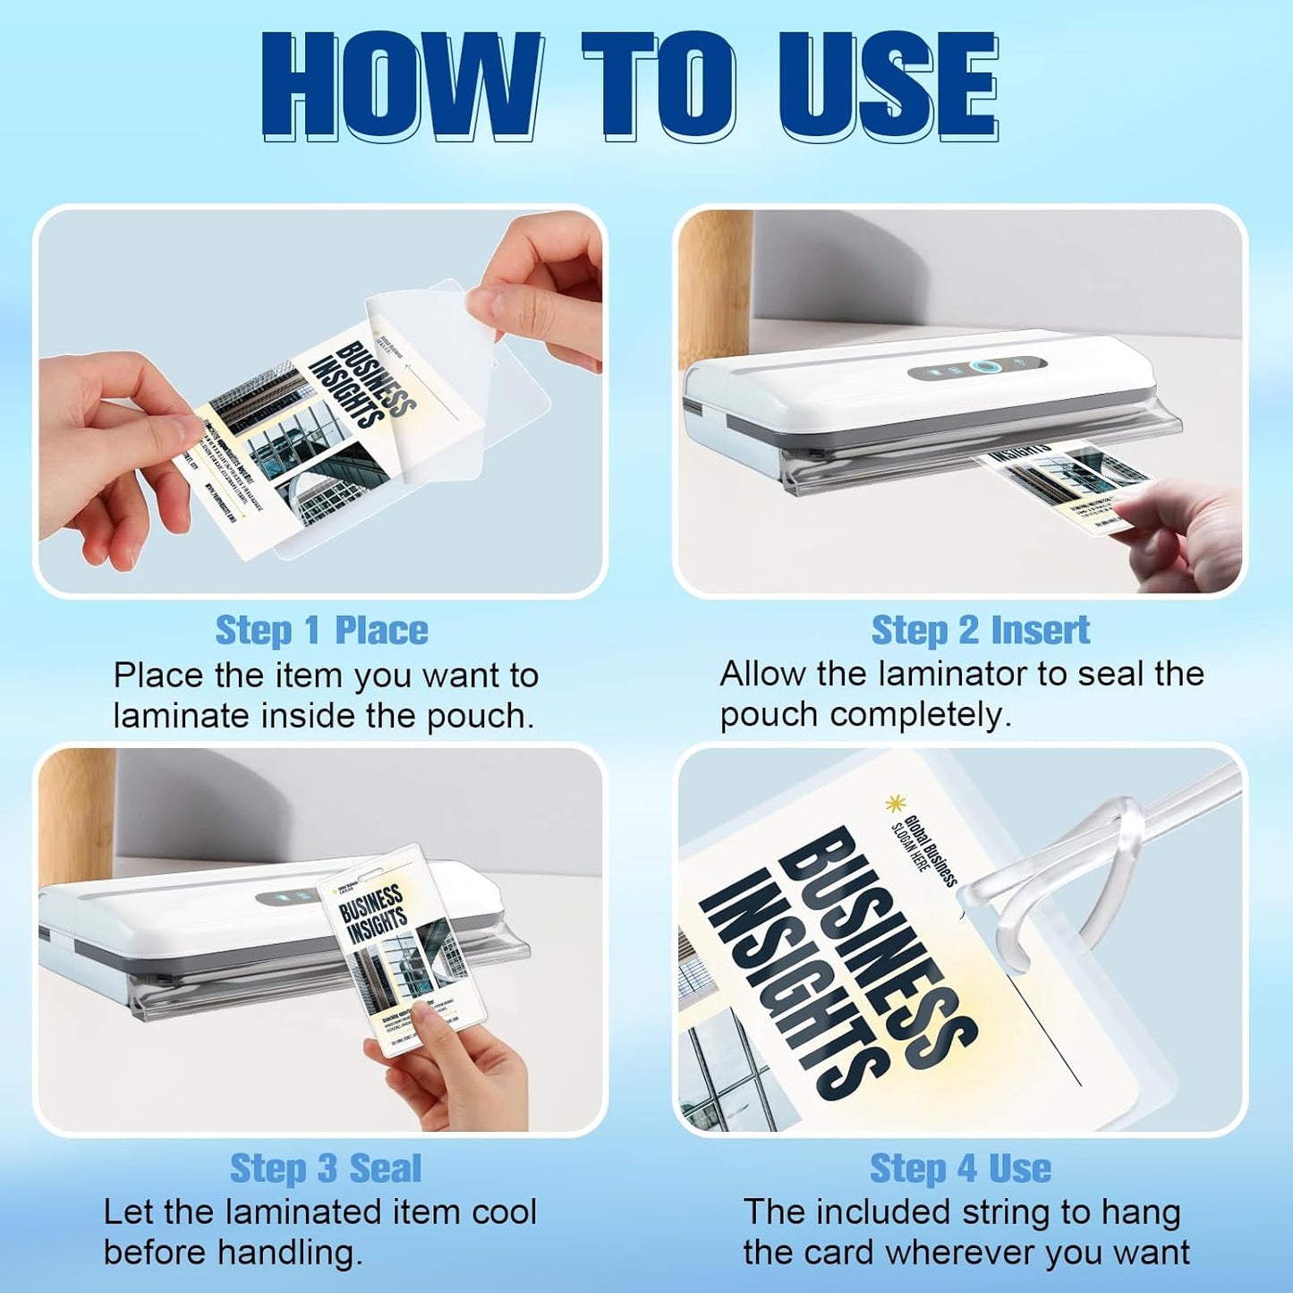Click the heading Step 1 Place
[x=321, y=630]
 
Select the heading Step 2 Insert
[x=980, y=630]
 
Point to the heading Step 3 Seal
[x=325, y=1168]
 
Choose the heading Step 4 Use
[x=960, y=1168]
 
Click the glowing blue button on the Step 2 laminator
[x=983, y=367]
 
